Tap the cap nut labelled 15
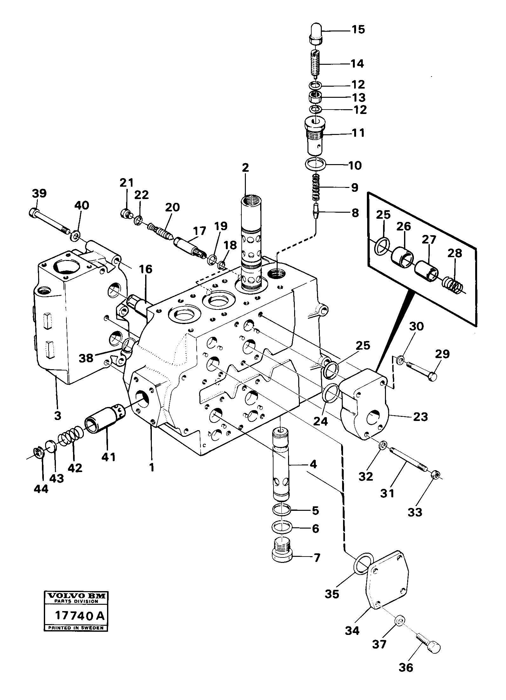(316, 34)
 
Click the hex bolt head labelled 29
(432, 377)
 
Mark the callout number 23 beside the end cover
(420, 417)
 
